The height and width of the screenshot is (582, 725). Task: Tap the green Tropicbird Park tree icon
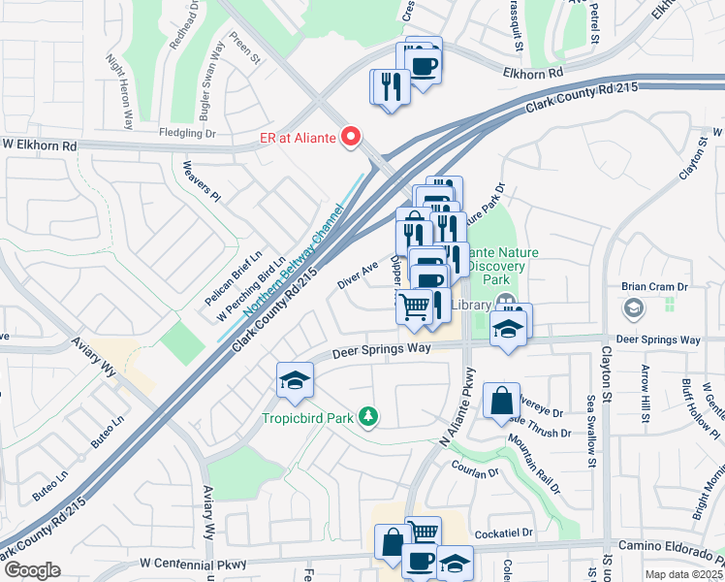coord(367,417)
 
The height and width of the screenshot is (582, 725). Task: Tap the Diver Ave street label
coord(358,275)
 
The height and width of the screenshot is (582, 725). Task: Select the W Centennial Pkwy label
coord(193,563)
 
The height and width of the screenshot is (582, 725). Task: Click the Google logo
coord(32,570)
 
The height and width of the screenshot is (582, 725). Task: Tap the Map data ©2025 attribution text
coord(683,574)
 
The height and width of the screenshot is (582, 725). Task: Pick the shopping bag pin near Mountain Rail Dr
coord(501,401)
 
